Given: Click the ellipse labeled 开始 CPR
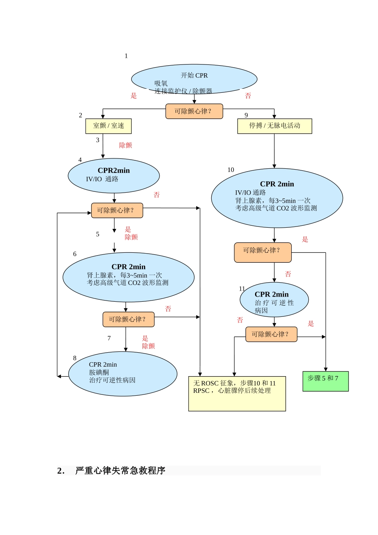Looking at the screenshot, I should point(194,79).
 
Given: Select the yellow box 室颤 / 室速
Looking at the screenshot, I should point(108,126).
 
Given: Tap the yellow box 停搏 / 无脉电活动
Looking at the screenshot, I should point(275,126).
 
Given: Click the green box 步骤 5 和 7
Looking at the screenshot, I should point(325,381).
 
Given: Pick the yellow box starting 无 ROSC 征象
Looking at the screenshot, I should point(237,393).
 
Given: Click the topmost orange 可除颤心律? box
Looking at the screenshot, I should point(194,111).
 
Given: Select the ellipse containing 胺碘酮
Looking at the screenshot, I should point(123,373).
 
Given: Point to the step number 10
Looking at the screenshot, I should point(231,170).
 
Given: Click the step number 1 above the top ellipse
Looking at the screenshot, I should point(126,56).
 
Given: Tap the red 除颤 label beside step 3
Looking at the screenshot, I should point(125,145).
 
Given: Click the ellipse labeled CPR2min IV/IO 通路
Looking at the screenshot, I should point(114,175).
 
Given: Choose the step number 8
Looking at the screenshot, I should point(74,358).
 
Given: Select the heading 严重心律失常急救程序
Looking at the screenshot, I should point(120,471).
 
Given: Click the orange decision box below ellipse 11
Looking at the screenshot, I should point(271,334).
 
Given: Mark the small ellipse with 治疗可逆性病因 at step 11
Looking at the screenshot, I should point(274,300).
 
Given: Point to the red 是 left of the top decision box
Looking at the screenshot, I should point(134,96).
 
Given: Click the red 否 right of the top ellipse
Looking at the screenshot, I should point(248,96).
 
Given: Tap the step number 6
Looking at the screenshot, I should point(74,254).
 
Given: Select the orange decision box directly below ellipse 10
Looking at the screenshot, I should point(263,252).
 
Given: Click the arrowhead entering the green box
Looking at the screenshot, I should point(325,369).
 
